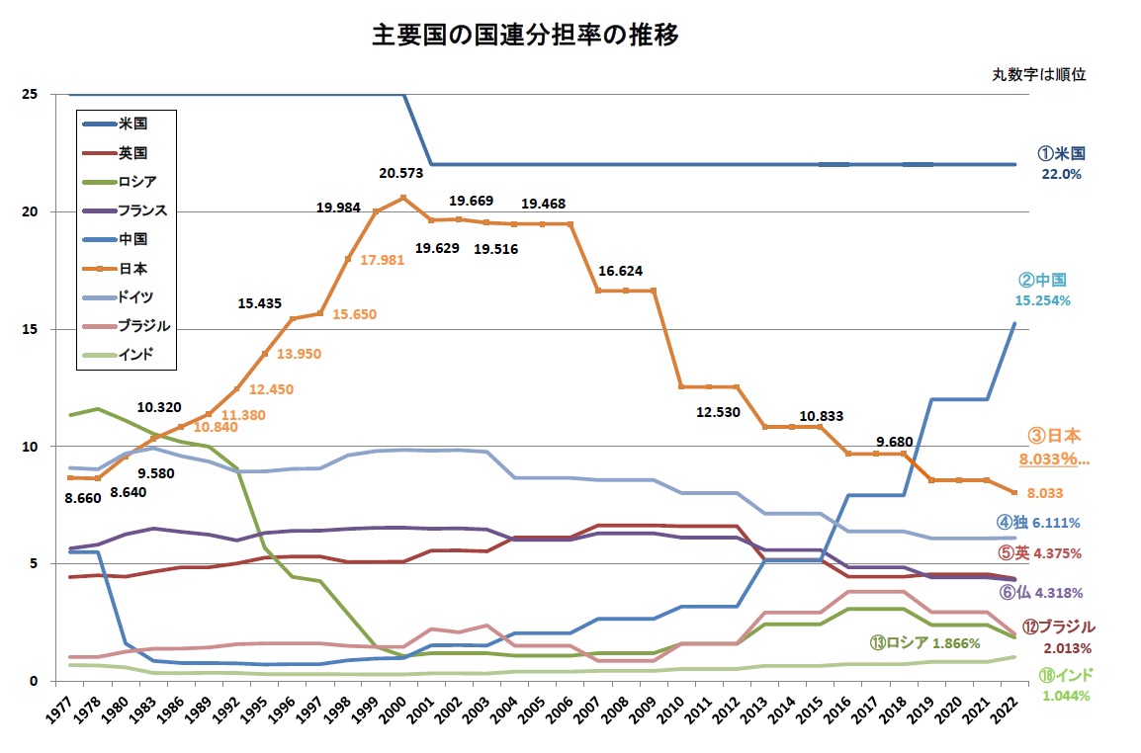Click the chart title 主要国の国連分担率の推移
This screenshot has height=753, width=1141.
[525, 37]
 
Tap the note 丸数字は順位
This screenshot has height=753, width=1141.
[1039, 75]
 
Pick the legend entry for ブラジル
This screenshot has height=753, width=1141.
[143, 325]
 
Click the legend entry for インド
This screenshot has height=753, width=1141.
[135, 355]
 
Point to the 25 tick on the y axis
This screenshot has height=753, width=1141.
[30, 95]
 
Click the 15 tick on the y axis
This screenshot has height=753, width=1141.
[30, 329]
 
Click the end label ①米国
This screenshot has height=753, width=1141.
[1061, 154]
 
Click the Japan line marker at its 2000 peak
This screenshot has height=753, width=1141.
[403, 198]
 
